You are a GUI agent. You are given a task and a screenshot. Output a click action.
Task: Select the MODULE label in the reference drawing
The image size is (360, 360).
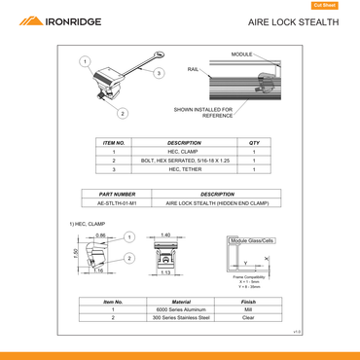coord(241,54)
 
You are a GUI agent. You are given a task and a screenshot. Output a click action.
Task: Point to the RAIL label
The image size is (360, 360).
coord(194,69)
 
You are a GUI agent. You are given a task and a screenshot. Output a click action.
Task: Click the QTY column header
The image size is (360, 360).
coord(254,142)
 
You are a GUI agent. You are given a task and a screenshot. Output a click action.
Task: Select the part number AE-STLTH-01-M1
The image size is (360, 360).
coord(117,202)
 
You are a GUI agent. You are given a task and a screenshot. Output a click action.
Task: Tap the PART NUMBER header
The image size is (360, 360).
coord(117,194)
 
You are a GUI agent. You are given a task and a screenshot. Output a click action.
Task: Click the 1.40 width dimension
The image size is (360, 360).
coord(165,235)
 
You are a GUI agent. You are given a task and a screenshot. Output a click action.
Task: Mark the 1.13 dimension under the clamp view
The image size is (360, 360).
coord(165,273)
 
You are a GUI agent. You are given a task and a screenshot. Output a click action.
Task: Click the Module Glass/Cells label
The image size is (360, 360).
coord(253,239)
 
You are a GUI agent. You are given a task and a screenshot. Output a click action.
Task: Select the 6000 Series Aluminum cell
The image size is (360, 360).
coord(181,309)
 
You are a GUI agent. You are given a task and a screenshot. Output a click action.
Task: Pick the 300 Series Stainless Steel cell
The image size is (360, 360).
coord(181,318)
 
